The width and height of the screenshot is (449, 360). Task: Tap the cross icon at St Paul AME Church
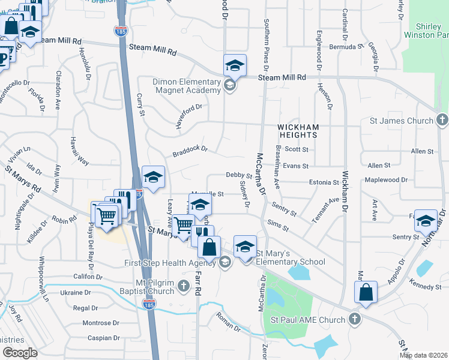tap(354, 319)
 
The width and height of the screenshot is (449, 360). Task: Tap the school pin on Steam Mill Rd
tap(235, 65)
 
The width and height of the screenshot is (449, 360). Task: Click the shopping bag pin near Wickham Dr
tap(365, 292)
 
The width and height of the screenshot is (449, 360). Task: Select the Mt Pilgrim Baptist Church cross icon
tap(185, 289)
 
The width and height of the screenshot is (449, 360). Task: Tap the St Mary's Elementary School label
tap(291, 257)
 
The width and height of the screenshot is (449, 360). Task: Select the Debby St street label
tap(238, 175)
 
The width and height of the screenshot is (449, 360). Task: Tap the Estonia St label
tap(325, 182)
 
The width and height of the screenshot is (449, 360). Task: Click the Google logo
tap(20, 352)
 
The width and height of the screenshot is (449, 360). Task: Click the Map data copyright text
tap(423, 355)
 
